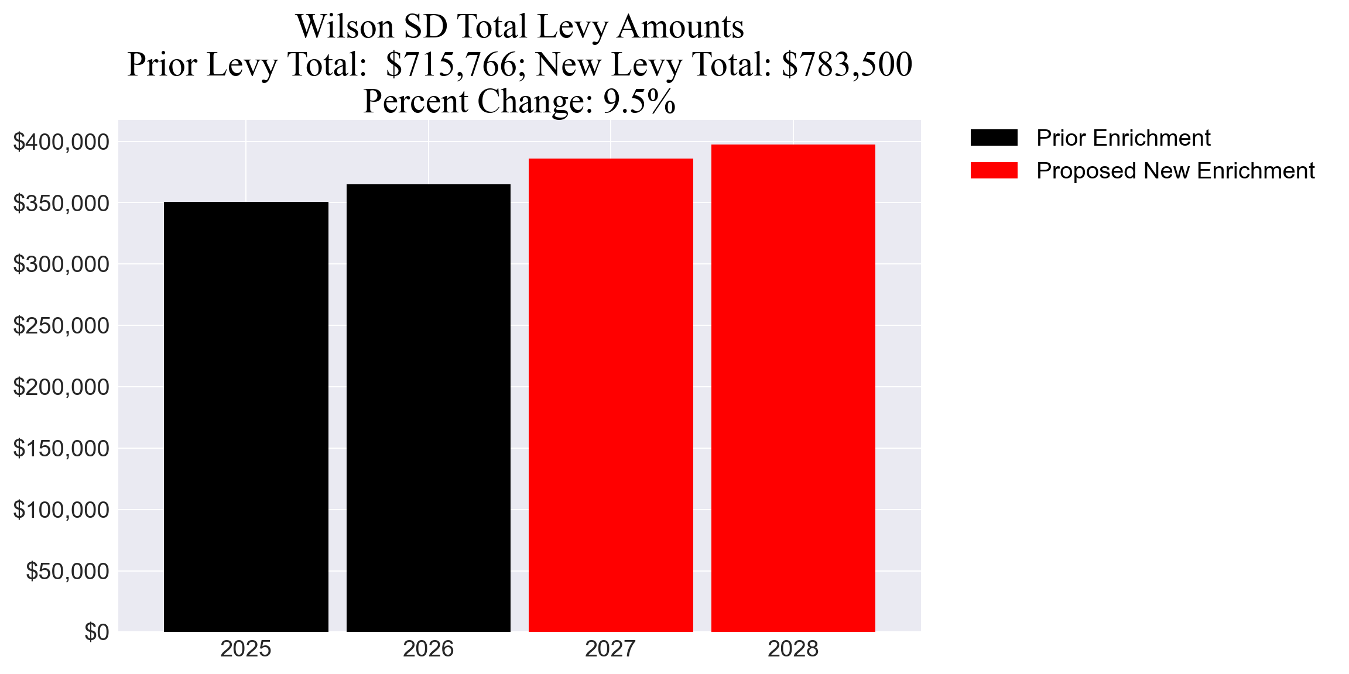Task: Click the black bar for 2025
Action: tap(246, 417)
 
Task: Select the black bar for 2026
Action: tap(429, 408)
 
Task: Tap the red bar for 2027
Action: tap(611, 395)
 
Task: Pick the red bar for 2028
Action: tap(793, 388)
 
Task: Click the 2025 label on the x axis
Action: tap(246, 649)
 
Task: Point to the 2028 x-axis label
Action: tap(793, 649)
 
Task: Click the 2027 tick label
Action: tap(611, 649)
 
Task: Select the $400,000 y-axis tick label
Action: tap(61, 142)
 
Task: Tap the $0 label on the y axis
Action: tap(97, 632)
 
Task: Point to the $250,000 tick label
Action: tap(61, 326)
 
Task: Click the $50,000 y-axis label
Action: tap(67, 571)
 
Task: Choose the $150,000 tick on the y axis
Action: tap(61, 449)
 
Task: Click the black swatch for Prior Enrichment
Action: tap(994, 138)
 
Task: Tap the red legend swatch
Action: tap(994, 171)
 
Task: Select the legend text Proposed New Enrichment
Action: tap(1175, 171)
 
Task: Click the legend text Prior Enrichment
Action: tap(1123, 138)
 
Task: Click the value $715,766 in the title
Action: tap(451, 64)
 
